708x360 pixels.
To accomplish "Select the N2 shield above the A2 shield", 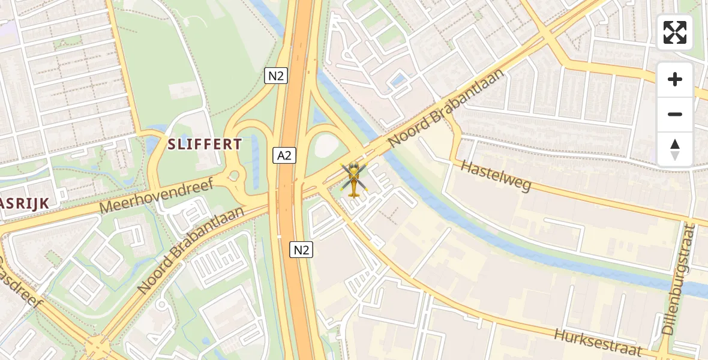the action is [276, 76].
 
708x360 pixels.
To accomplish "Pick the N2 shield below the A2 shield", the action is [301, 250].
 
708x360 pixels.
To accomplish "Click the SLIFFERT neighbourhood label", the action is [205, 145].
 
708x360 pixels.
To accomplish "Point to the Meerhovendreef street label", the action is [157, 196].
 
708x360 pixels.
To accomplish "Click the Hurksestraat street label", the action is [598, 343].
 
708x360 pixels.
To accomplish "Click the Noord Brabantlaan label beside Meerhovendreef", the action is [190, 250].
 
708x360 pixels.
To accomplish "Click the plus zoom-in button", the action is [675, 79].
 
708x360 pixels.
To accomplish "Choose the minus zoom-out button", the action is [675, 114].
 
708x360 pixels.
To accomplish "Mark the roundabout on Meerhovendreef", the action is [233, 176].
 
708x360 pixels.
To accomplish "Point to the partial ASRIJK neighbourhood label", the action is [24, 203].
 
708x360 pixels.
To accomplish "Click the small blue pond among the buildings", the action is [397, 80].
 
